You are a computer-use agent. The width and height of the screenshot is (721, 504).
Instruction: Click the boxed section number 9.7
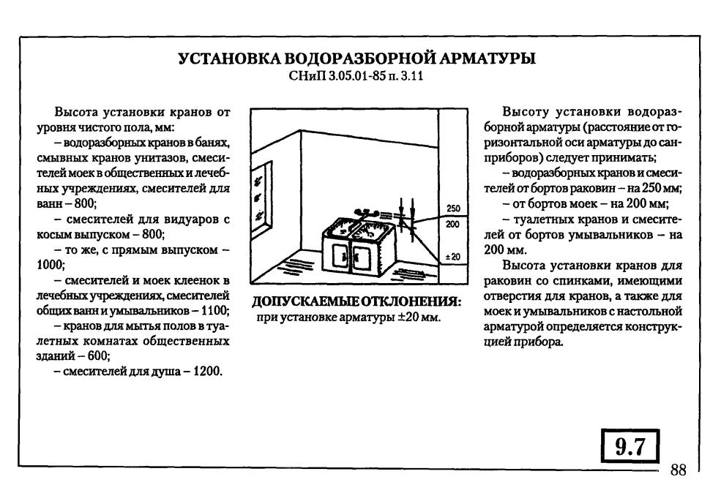(630, 446)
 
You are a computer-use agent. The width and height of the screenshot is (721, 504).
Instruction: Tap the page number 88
(679, 470)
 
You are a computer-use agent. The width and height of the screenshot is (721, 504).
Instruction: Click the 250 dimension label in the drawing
(453, 208)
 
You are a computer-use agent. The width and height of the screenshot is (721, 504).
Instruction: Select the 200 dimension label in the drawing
(453, 225)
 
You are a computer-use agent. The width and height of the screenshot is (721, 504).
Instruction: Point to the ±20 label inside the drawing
(453, 257)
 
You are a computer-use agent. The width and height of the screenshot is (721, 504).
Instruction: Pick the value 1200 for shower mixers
(207, 371)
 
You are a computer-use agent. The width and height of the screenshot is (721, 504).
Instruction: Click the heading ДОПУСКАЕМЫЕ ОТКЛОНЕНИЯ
(356, 302)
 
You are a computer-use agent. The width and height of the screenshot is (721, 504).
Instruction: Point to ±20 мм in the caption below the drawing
(419, 317)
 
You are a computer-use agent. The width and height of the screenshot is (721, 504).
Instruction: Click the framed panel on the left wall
(261, 198)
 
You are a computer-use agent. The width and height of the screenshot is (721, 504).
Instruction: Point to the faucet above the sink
(367, 214)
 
